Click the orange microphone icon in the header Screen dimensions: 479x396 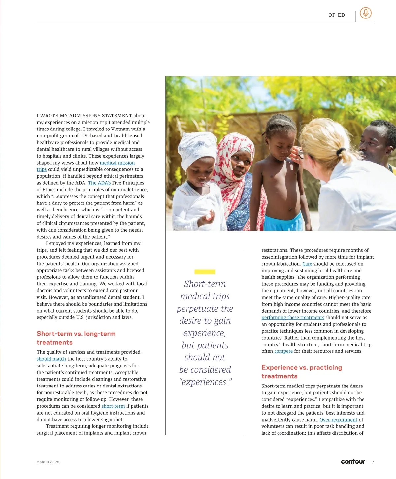(x=365, y=13)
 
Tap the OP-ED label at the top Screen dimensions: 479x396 (x=337, y=15)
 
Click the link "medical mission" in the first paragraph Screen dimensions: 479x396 (x=117, y=163)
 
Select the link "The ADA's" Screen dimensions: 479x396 (x=99, y=183)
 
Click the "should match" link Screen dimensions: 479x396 (x=51, y=359)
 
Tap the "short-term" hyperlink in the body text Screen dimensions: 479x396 (x=113, y=406)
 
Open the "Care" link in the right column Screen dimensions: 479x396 (x=307, y=264)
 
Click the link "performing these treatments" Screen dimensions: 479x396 (x=293, y=317)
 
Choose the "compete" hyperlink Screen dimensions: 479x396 (x=283, y=351)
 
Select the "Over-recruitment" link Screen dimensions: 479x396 (x=338, y=420)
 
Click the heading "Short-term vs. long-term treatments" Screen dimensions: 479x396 (x=76, y=338)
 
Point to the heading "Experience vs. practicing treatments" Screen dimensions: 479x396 (x=301, y=372)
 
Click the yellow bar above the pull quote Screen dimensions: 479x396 (x=205, y=272)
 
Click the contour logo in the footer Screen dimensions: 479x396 (x=353, y=461)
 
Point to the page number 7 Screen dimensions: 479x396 (x=373, y=462)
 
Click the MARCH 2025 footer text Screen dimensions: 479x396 (x=48, y=462)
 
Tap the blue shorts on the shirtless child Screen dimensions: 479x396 (x=283, y=221)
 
